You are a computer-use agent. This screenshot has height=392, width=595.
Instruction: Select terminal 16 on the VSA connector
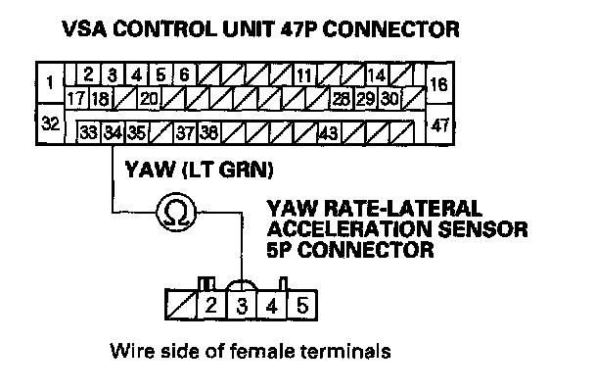[438, 83]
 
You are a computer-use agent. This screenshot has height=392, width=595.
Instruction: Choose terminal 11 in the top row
[305, 75]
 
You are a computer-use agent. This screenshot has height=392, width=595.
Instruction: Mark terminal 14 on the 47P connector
[377, 75]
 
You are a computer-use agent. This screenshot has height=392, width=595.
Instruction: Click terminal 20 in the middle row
[149, 98]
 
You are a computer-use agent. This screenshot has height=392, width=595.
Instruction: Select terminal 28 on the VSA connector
[341, 98]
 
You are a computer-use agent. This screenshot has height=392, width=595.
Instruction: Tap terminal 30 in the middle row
[389, 98]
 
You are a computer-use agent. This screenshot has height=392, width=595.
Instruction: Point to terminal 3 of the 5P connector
[242, 306]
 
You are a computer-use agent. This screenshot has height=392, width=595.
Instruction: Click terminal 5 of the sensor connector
[302, 306]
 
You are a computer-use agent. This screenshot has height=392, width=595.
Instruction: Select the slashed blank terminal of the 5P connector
[178, 306]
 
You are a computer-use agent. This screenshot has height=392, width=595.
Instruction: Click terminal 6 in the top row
[184, 73]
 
